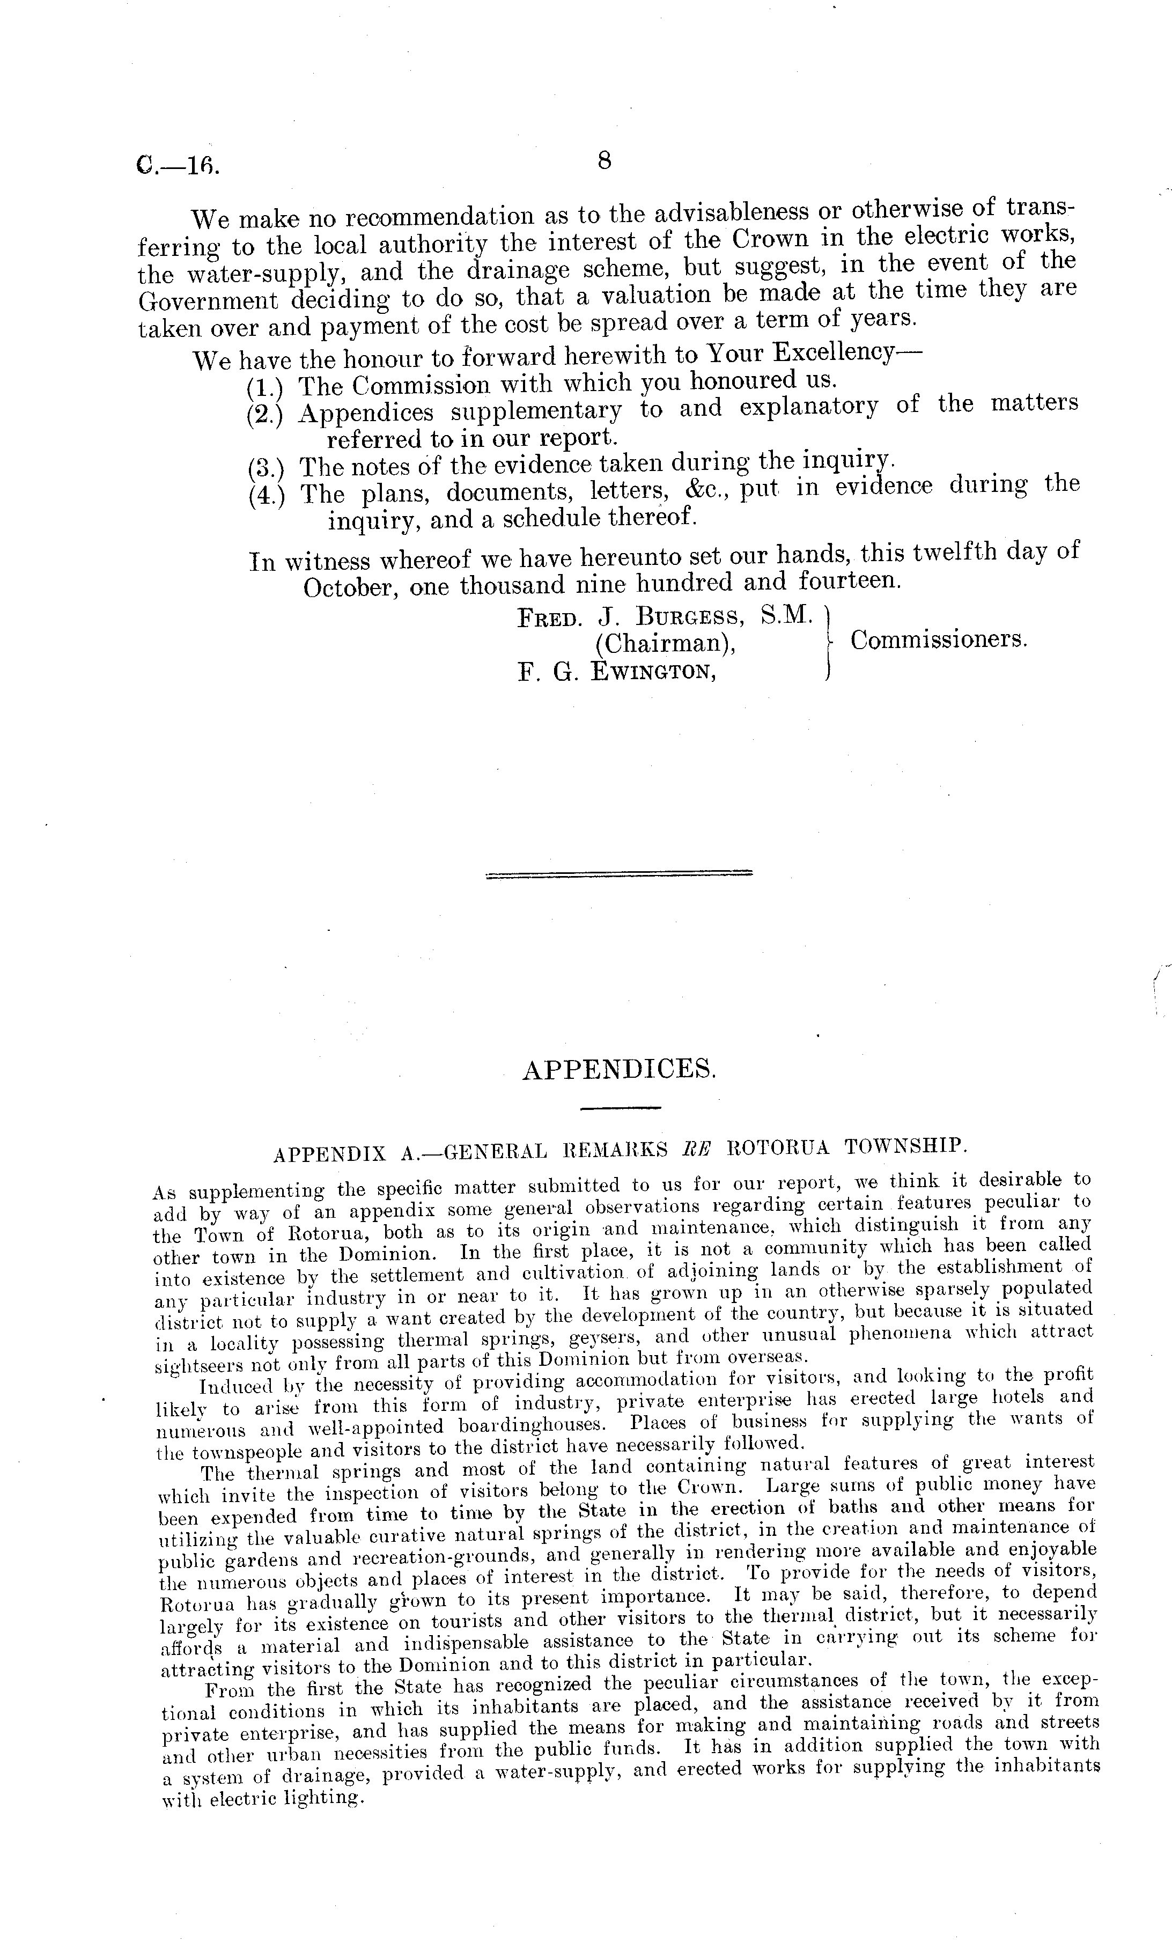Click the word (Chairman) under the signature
coord(666,644)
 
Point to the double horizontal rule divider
coord(619,873)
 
